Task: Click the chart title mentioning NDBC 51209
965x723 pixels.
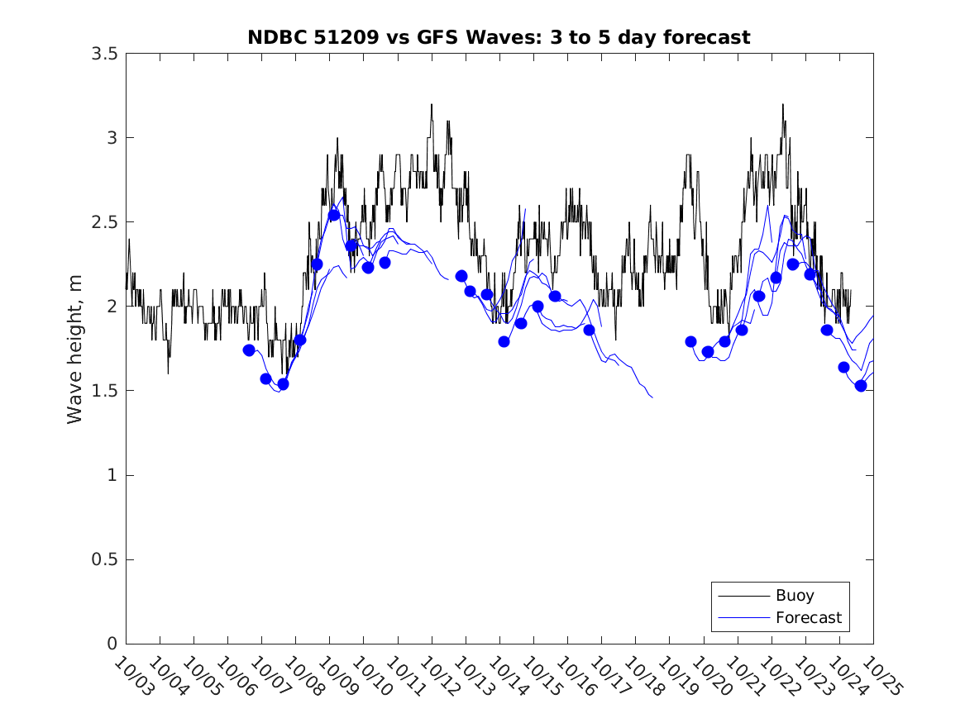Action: (499, 37)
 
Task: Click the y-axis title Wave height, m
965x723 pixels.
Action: (75, 349)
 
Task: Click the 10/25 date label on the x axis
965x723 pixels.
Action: (879, 677)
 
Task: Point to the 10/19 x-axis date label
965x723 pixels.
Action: (676, 677)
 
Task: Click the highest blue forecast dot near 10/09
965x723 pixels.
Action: (334, 216)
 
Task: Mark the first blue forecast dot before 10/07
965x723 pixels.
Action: (249, 350)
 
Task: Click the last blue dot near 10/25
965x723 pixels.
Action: (861, 386)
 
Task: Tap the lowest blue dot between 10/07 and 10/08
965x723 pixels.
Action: (283, 383)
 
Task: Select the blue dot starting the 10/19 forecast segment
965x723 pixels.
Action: (690, 342)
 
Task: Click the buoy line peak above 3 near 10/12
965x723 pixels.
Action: (431, 105)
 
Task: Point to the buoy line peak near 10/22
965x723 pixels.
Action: (782, 105)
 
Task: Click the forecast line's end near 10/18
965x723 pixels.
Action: (652, 397)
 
